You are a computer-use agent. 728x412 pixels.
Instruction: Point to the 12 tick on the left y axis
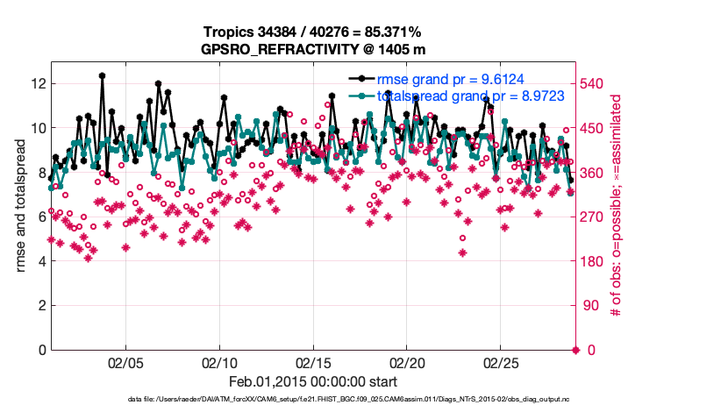click(x=36, y=83)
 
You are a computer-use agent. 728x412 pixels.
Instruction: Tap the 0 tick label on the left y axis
click(x=40, y=351)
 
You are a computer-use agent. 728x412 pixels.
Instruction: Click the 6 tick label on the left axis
click(x=40, y=217)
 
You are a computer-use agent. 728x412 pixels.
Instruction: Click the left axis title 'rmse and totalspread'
click(x=20, y=206)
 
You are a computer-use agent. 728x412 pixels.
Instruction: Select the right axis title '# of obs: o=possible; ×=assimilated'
click(x=617, y=206)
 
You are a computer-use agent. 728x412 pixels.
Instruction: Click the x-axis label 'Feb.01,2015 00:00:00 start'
click(x=313, y=382)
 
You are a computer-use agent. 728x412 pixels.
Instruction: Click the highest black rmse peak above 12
click(x=103, y=76)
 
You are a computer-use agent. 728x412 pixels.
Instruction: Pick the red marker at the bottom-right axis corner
click(x=575, y=351)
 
